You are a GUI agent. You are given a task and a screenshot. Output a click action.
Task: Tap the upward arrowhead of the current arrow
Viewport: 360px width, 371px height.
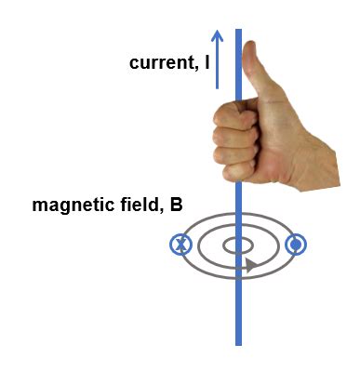click(217, 36)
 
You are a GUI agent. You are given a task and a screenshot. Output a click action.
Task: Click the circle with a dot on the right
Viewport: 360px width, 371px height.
click(296, 245)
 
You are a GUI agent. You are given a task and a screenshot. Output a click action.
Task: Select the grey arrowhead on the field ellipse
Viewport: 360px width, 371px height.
click(250, 266)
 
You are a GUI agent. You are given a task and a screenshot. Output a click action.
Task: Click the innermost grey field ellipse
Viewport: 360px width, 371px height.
click(238, 245)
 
